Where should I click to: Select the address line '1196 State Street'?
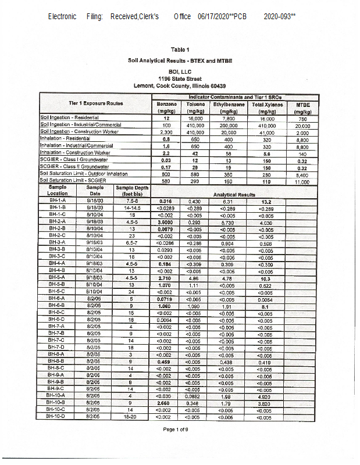click(180, 78)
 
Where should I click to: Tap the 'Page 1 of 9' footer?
click(180, 445)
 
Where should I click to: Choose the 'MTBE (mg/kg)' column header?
click(302, 106)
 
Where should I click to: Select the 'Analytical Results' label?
click(234, 195)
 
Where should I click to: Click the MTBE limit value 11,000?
click(302, 181)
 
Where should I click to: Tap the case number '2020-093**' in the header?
click(280, 17)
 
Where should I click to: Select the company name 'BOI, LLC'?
click(180, 71)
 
